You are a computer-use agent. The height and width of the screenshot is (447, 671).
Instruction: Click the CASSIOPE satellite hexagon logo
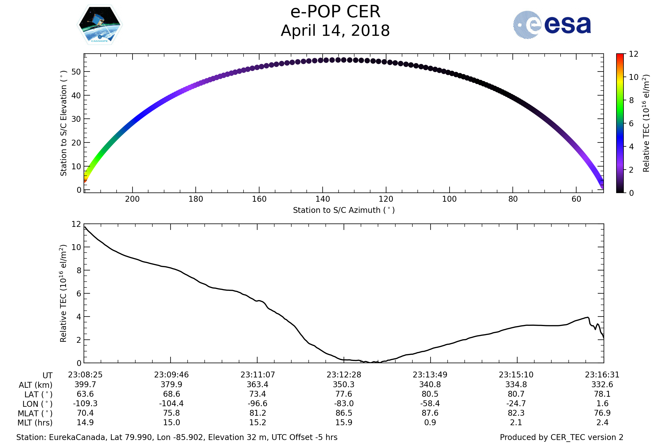click(x=100, y=25)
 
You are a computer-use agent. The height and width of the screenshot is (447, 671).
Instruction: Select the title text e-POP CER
click(x=335, y=12)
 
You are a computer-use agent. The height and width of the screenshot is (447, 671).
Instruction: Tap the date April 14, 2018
click(x=335, y=30)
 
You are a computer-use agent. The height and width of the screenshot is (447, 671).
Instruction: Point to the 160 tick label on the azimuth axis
click(x=259, y=199)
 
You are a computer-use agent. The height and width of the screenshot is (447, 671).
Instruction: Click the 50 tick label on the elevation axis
click(x=76, y=72)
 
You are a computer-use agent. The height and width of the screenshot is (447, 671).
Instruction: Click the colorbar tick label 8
click(x=631, y=100)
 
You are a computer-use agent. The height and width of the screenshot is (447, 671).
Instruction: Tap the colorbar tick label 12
click(x=633, y=54)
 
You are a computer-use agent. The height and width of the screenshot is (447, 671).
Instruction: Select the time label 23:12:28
click(x=344, y=375)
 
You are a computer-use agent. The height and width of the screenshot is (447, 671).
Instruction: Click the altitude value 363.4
click(x=257, y=385)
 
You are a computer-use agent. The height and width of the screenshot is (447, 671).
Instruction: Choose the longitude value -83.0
click(x=344, y=404)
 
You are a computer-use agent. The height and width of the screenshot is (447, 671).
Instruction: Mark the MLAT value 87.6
click(x=430, y=413)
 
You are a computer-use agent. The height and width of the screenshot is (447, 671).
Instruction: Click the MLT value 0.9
click(x=430, y=422)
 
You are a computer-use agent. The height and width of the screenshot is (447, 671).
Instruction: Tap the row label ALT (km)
click(x=36, y=385)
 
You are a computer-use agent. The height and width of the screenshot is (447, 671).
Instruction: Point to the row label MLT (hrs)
click(x=35, y=423)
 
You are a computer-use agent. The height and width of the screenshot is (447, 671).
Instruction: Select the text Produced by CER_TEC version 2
click(x=561, y=438)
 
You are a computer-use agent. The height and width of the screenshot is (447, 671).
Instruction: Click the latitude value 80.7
click(x=516, y=394)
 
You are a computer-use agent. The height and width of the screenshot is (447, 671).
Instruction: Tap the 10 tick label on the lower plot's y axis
click(x=76, y=248)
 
